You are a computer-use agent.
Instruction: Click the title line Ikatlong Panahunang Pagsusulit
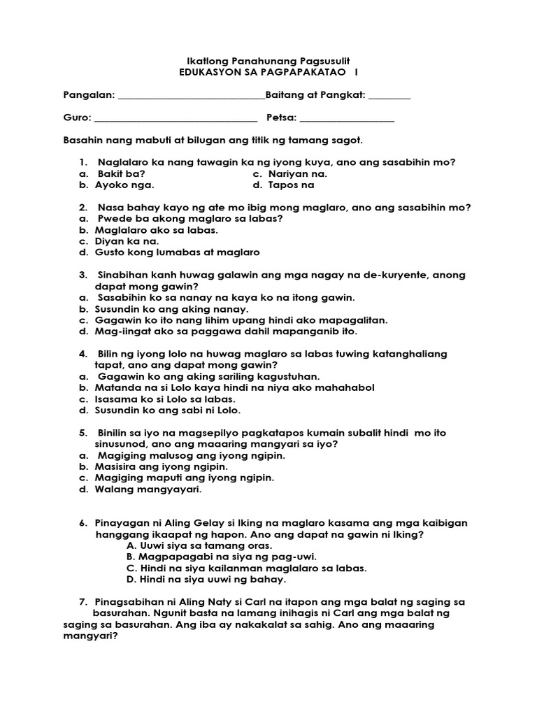click(x=268, y=61)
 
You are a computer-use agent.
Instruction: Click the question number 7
click(x=84, y=602)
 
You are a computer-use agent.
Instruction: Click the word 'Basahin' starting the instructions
click(x=82, y=141)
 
